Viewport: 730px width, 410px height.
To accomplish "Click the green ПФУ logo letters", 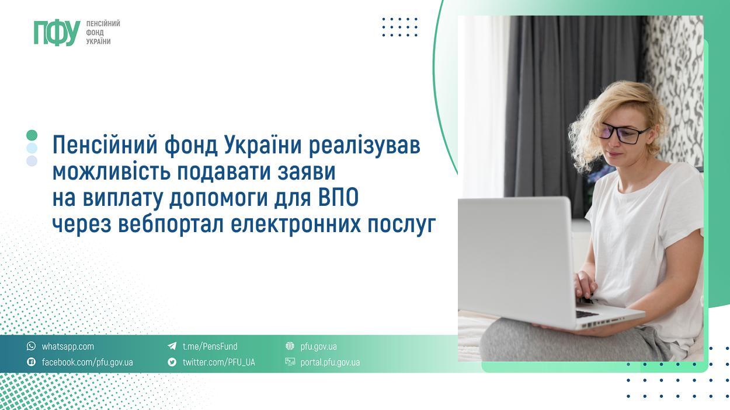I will [57, 33].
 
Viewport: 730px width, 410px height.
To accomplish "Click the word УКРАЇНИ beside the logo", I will [98, 42].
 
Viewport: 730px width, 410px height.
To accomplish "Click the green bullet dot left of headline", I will [32, 135].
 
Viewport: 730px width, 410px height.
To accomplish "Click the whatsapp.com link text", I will [68, 346].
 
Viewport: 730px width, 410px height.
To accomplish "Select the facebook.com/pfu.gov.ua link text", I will [87, 362].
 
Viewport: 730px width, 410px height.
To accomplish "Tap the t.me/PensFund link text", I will [210, 346].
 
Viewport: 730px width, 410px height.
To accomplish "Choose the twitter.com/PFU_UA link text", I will [218, 362].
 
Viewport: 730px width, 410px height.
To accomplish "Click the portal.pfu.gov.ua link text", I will [330, 362].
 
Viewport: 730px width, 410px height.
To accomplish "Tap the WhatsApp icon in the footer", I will [32, 346].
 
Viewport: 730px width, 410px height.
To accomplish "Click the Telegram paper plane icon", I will [172, 346].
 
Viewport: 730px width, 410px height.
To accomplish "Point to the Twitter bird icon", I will [172, 362].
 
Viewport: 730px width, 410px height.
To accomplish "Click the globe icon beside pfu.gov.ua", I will [290, 346].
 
